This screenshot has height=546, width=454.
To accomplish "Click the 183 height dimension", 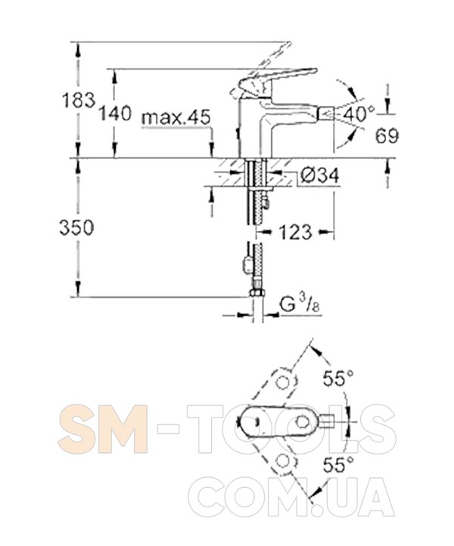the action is pos(79,101).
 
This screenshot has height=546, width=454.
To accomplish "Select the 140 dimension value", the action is pos(115,113).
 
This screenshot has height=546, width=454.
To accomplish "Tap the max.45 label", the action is pos(176,118).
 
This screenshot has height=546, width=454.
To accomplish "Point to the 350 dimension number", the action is pos(76,228).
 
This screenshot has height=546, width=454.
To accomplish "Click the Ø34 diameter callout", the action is pos(319,175).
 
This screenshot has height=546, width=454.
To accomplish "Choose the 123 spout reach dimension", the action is pos(295,232).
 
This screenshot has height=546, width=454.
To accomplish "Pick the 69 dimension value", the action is pos(387,135).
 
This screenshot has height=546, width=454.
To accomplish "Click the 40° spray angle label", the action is pos(358,114).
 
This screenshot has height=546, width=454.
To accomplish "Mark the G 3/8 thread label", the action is pos(300,306).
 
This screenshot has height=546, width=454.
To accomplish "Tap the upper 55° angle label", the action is pos(338,378).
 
